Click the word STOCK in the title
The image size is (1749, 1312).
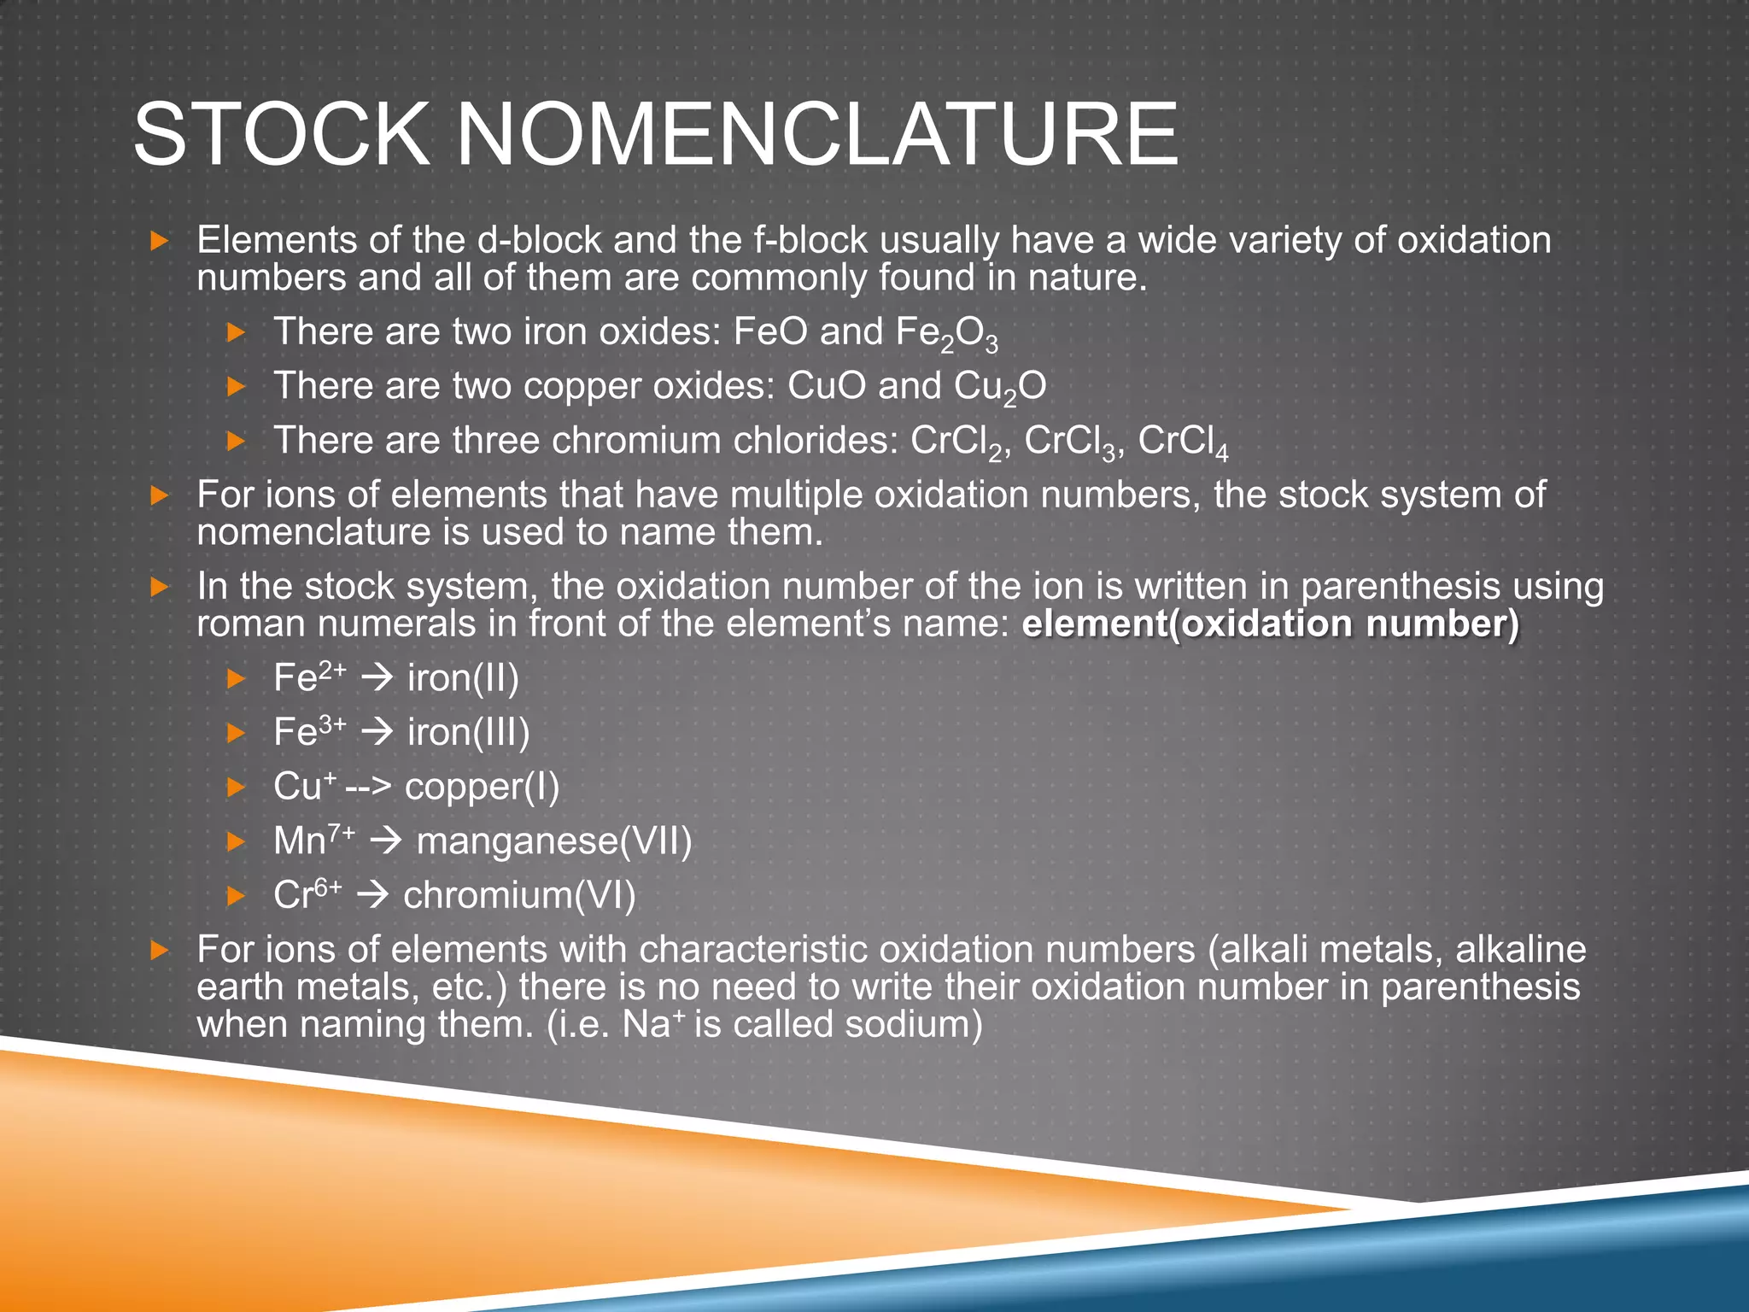(281, 135)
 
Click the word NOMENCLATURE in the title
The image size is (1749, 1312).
(817, 135)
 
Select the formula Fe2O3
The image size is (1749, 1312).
(946, 333)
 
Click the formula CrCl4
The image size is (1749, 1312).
(1183, 442)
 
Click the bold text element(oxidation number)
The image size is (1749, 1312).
(1271, 624)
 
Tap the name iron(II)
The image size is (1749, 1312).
(463, 678)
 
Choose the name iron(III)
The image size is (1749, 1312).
(468, 733)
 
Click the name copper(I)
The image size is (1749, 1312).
(482, 788)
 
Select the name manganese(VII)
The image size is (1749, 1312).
(553, 841)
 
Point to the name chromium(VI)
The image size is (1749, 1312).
(519, 896)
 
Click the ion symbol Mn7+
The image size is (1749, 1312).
(313, 840)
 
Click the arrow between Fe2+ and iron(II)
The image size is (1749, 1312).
(376, 679)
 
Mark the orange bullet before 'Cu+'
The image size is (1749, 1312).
(236, 788)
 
